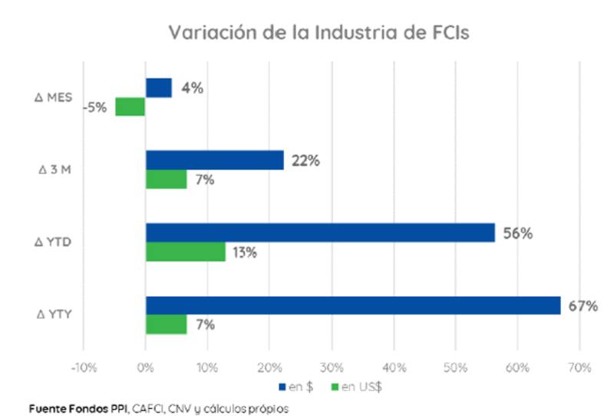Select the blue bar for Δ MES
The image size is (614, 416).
tap(159, 87)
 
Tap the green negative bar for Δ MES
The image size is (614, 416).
tap(130, 107)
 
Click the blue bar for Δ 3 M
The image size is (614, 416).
tap(215, 160)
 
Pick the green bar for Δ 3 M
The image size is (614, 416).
tap(167, 179)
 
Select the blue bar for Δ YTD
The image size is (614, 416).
tap(320, 233)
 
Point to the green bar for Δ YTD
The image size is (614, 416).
tap(185, 252)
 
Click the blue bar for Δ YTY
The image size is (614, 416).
tap(353, 305)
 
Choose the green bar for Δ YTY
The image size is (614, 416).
tap(167, 325)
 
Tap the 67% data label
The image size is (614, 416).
tap(583, 306)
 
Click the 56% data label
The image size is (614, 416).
tap(517, 233)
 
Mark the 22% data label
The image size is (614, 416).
tap(305, 160)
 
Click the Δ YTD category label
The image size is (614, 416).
tap(54, 243)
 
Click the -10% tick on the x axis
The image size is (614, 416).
tap(83, 367)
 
